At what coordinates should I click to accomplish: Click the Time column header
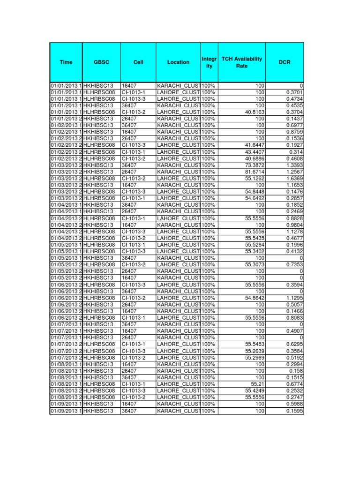(66, 62)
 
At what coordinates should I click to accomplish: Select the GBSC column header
(101, 62)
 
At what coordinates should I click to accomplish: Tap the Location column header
(178, 62)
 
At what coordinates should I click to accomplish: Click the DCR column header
(285, 62)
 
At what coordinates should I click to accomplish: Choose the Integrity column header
(209, 62)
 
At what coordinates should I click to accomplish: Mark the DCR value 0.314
(295, 152)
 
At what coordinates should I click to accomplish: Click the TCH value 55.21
(257, 384)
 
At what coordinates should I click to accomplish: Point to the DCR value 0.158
(295, 371)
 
